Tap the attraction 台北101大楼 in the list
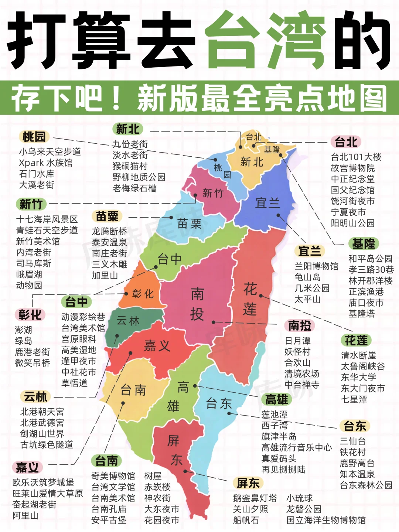(x=356, y=157)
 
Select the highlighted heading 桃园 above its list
(x=34, y=137)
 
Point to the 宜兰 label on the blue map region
(x=267, y=203)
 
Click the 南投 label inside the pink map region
(x=197, y=304)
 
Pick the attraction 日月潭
(x=297, y=341)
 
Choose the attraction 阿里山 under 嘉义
(x=25, y=515)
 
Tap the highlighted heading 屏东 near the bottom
(x=248, y=483)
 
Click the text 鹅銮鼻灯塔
(x=255, y=498)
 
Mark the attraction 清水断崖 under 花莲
(x=358, y=355)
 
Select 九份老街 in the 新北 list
(x=130, y=144)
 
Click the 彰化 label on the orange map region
(x=143, y=294)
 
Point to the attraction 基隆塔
(x=361, y=314)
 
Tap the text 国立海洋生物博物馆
(x=326, y=520)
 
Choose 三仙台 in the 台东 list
(x=352, y=441)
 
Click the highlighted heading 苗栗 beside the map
(x=107, y=216)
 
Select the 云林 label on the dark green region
(x=128, y=321)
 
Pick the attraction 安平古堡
(x=109, y=520)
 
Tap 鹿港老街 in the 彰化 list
(x=33, y=352)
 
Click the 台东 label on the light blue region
(x=219, y=403)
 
